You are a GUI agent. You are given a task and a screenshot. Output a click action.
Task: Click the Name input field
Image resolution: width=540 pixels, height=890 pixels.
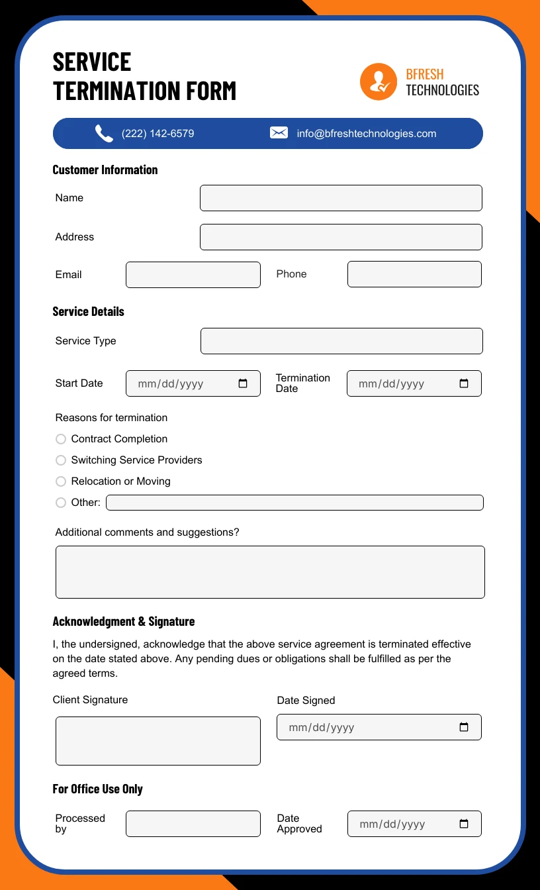pos(341,198)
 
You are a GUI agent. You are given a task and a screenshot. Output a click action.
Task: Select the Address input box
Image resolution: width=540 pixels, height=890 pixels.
pos(341,237)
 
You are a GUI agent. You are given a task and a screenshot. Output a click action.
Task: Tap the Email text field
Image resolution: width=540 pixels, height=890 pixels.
pos(193,275)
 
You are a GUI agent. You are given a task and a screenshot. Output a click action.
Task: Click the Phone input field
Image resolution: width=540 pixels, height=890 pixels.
pos(414,274)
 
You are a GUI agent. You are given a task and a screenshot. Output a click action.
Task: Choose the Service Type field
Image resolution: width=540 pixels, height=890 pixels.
pos(341,341)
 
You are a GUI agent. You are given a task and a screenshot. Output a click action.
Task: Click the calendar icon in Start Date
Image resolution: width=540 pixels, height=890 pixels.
pos(243,383)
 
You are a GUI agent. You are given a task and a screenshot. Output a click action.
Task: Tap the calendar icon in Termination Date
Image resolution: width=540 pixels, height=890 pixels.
pos(464,383)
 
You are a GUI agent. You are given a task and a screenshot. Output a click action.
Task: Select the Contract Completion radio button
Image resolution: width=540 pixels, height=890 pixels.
pos(61,439)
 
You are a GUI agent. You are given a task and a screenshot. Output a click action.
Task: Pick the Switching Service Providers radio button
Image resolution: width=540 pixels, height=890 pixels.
pos(61,460)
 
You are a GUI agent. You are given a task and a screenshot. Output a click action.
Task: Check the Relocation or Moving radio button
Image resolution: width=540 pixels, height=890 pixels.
pos(61,481)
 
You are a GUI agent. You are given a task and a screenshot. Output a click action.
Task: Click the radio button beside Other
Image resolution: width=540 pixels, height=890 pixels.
pos(61,503)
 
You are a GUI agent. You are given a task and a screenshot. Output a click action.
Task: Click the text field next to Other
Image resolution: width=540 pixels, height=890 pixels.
pos(294,503)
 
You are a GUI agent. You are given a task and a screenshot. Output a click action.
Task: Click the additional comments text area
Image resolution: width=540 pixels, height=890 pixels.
pos(270,572)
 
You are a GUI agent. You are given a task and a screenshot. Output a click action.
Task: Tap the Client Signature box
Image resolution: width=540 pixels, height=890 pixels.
pos(158,741)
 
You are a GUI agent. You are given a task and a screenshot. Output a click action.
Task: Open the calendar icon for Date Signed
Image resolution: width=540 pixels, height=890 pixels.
pos(464,727)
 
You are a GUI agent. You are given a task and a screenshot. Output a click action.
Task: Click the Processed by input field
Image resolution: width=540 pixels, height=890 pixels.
pos(193,824)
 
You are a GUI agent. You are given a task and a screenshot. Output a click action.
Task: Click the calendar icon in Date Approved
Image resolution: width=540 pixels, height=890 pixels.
pos(464,824)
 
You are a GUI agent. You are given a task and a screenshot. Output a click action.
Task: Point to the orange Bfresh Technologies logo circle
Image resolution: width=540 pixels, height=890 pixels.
pos(378,81)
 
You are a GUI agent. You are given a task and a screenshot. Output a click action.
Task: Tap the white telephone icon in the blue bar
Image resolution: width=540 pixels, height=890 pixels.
pos(104,134)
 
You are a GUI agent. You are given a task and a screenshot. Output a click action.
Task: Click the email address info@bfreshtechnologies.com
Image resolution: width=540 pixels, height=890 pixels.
pos(367,134)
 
